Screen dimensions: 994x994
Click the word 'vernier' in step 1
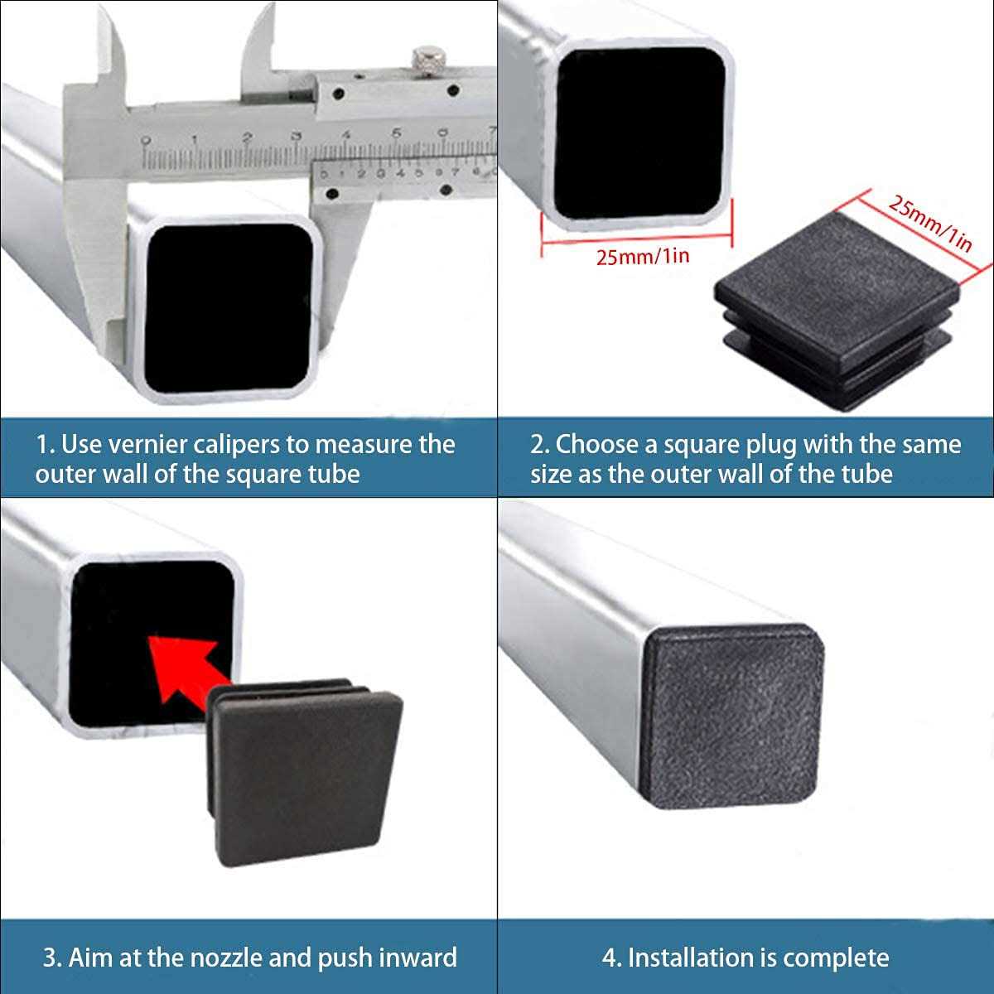coord(147,445)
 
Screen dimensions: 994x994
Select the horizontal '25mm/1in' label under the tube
coord(643,256)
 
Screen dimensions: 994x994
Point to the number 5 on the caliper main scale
coord(396,134)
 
